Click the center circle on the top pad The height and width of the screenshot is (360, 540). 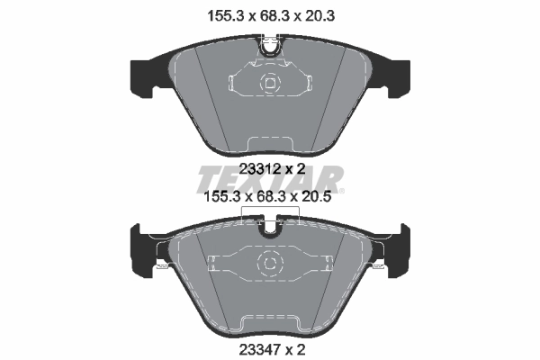point(270,85)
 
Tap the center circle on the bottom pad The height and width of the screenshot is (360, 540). point(270,262)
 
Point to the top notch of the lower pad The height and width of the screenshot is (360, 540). point(270,228)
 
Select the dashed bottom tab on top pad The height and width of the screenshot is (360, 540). point(270,141)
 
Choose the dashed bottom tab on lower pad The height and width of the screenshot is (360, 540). point(270,320)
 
